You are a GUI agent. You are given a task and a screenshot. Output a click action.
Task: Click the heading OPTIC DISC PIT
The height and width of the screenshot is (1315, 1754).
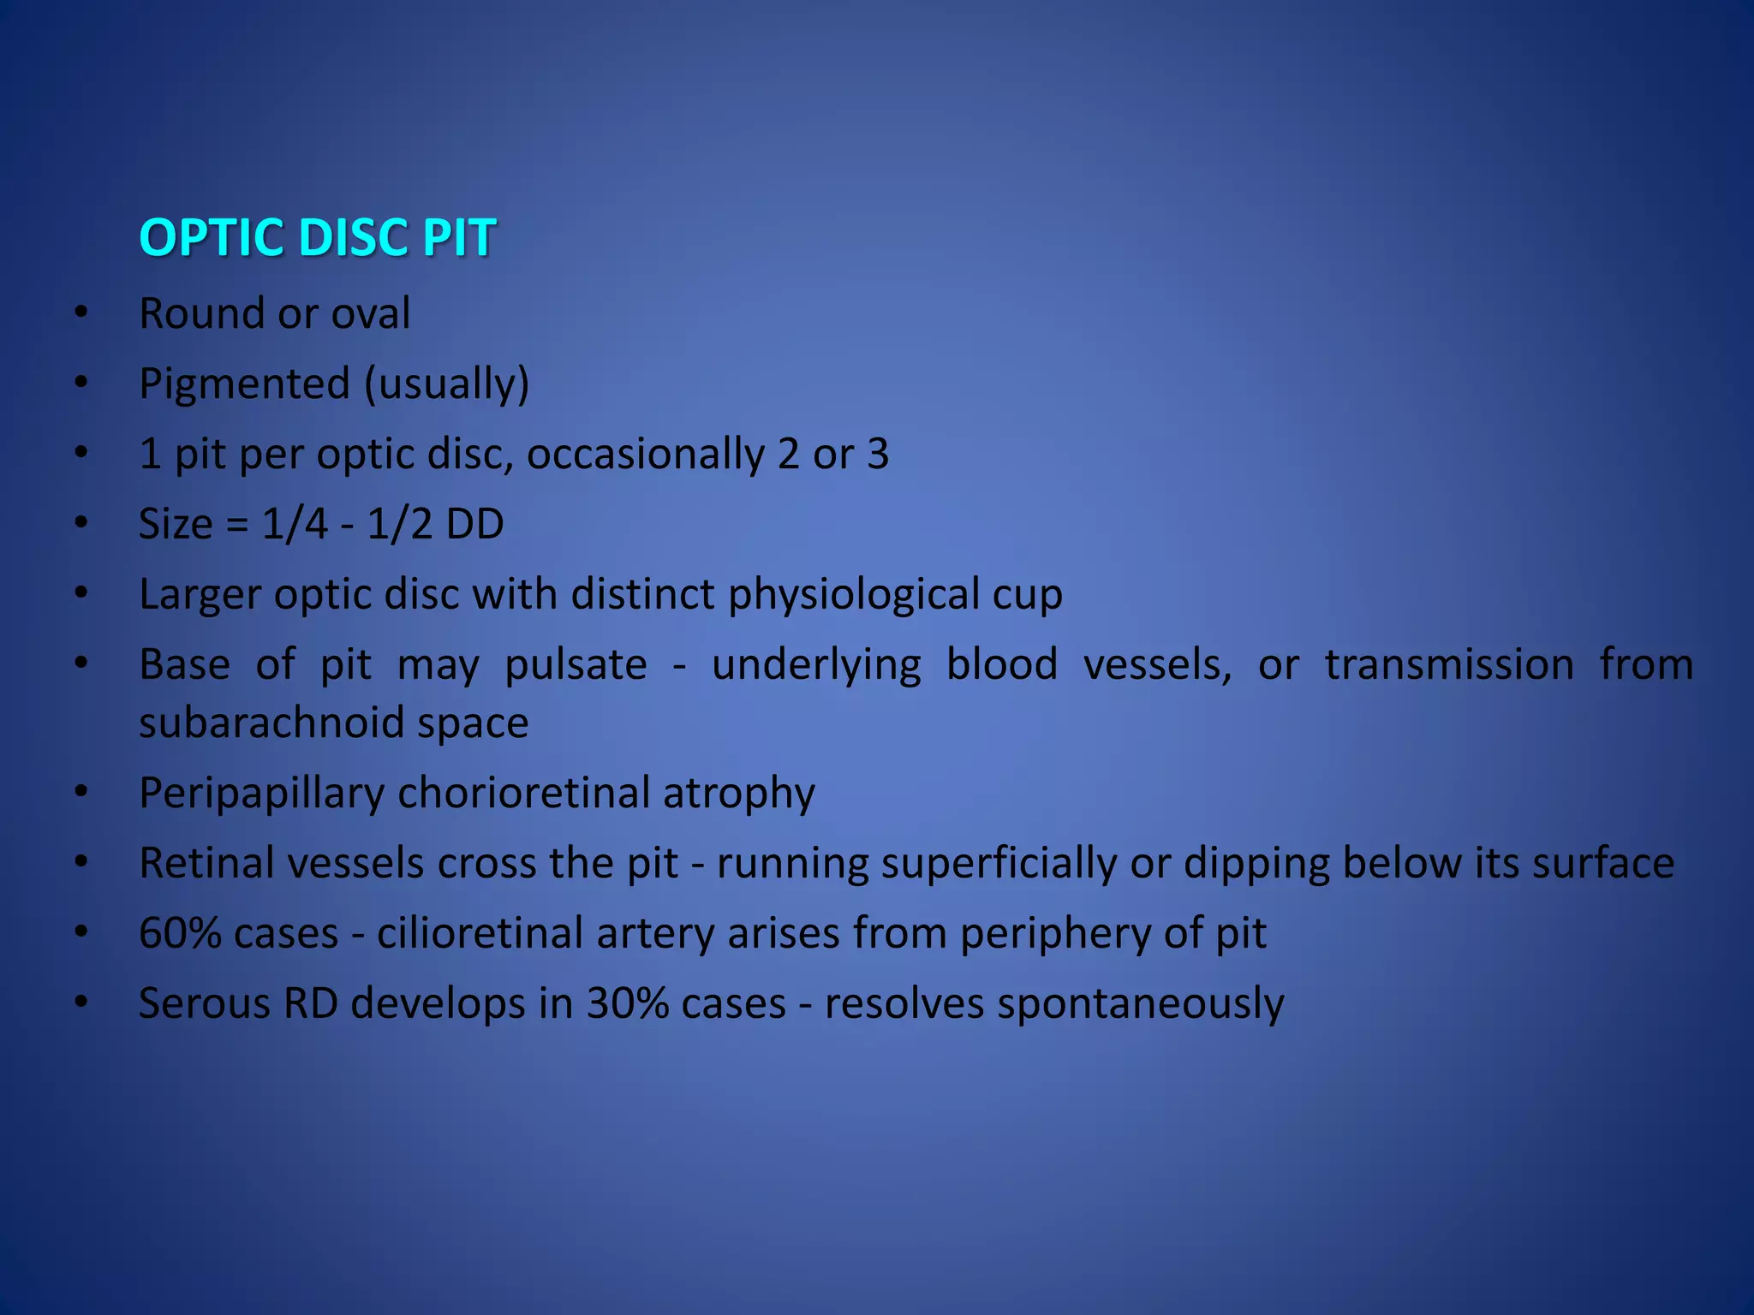point(317,237)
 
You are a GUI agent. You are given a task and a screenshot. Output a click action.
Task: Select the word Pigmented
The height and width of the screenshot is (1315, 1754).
point(244,384)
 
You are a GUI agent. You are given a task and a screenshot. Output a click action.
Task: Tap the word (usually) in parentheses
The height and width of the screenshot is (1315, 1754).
point(446,384)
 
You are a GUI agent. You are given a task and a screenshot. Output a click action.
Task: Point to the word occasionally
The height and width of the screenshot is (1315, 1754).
point(645,454)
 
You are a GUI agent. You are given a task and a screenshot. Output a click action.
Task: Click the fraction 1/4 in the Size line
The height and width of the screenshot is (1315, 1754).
point(294,524)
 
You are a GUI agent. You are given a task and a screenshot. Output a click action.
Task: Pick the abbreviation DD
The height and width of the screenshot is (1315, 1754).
point(474,524)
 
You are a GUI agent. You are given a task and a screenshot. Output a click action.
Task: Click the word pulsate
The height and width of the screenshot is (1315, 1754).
point(576,664)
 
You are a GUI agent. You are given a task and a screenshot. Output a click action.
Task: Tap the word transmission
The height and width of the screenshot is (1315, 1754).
point(1449,664)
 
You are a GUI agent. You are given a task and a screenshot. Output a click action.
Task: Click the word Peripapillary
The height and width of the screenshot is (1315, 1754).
point(261,793)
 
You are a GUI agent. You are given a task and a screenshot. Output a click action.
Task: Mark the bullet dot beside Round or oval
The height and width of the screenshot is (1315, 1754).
point(81,313)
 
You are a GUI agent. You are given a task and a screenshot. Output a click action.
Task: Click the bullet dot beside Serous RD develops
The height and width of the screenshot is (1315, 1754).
point(81,1003)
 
